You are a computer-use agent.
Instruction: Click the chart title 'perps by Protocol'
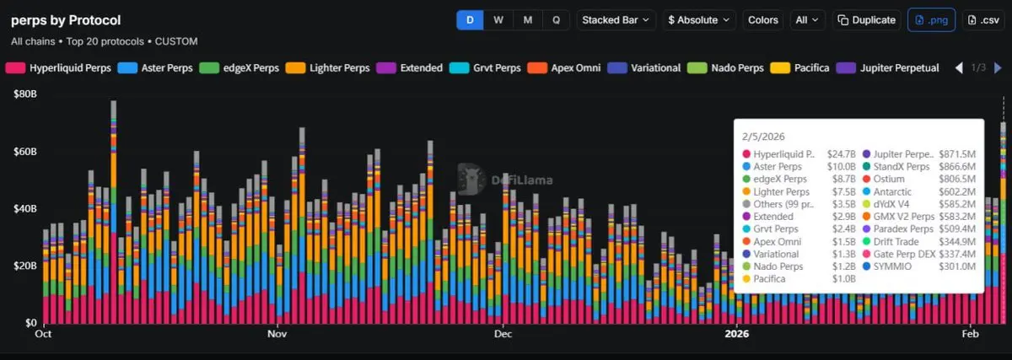[x=66, y=20]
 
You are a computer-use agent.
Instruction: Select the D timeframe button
[x=470, y=19]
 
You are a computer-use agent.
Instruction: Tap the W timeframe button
[x=498, y=19]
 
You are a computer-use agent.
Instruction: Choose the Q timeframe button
[x=556, y=19]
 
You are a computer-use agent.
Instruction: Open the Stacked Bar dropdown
[x=616, y=19]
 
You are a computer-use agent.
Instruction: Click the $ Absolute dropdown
[x=699, y=19]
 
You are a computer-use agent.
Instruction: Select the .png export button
[x=931, y=19]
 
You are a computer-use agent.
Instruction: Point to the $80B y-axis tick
[x=24, y=94]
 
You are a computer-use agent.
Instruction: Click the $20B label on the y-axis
[x=24, y=266]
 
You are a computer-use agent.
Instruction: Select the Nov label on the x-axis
[x=277, y=333]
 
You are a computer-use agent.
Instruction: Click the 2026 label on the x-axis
[x=737, y=333]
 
